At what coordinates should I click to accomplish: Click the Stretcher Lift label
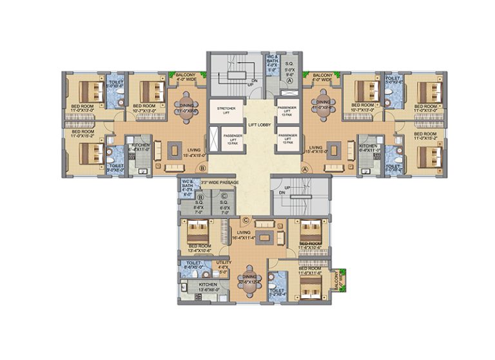[x=226, y=109]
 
